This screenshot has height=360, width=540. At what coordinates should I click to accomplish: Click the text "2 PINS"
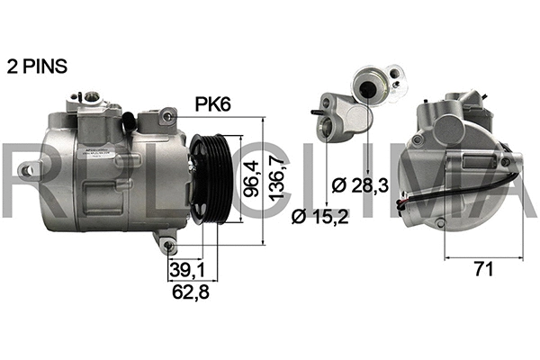tap(37, 67)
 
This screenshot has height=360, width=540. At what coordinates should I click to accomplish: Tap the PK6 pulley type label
tap(214, 104)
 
